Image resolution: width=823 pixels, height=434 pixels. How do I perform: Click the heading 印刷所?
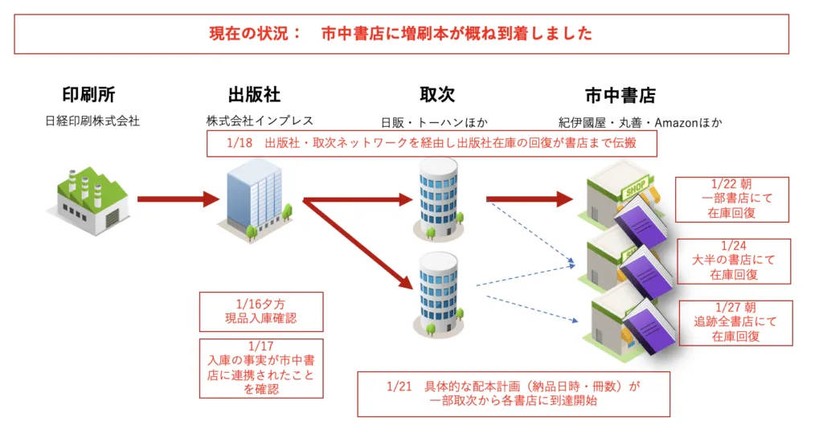(x=88, y=95)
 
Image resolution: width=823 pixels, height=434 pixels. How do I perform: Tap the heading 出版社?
(x=254, y=95)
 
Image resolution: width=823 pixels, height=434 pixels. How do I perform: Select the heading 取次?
(x=437, y=95)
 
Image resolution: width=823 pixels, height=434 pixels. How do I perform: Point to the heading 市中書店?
(x=620, y=96)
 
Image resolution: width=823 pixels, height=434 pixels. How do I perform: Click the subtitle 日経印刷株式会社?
(x=92, y=121)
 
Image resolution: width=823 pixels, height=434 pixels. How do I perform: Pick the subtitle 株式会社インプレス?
(x=260, y=121)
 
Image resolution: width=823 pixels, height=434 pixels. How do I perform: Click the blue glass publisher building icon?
(x=255, y=200)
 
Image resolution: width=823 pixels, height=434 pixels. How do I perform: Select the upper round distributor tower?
(x=438, y=199)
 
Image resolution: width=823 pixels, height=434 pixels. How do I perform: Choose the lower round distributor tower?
(x=438, y=294)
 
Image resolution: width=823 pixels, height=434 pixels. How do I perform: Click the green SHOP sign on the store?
(x=636, y=188)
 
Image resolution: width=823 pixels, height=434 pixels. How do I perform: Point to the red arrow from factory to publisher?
(x=178, y=199)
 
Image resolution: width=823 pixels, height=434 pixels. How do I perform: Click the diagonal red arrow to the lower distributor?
(x=358, y=244)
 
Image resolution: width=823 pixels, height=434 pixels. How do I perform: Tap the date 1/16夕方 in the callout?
(x=260, y=305)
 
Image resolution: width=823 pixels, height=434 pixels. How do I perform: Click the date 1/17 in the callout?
(x=261, y=346)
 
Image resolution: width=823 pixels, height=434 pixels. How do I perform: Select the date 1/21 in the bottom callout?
(x=399, y=387)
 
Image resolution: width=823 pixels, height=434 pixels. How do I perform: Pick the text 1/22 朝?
(x=731, y=184)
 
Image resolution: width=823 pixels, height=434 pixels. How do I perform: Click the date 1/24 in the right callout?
(x=733, y=246)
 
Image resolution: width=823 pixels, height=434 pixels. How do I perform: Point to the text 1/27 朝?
(x=735, y=308)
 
